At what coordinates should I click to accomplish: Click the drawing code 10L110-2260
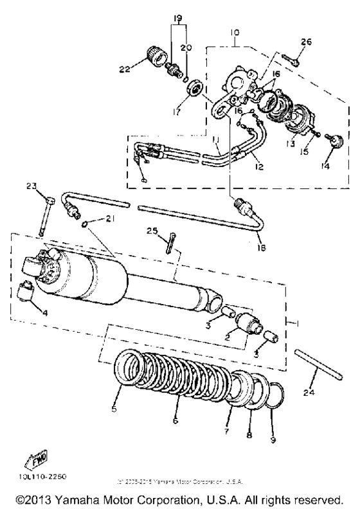click(32, 478)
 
